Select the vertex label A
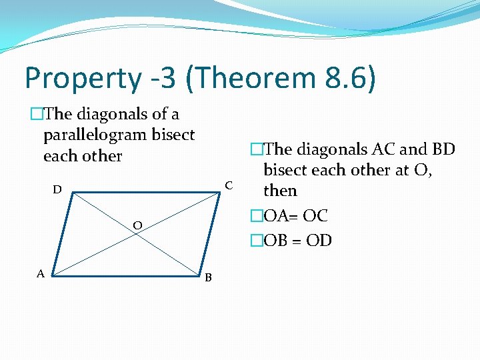click(41, 273)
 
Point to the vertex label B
click(208, 277)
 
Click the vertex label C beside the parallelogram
click(229, 184)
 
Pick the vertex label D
click(58, 190)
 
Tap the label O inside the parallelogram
click(136, 226)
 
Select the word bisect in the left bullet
click(173, 135)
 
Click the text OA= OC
click(296, 216)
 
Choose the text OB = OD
click(297, 241)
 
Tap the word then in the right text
click(280, 191)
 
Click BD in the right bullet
click(442, 149)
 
